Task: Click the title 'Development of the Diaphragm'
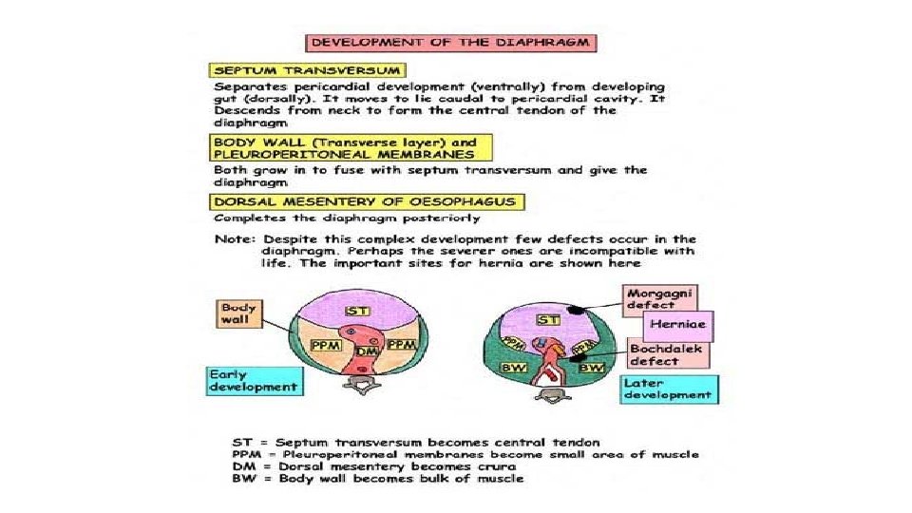pos(448,44)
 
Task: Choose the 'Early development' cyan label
pos(254,380)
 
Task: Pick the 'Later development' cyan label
pos(667,388)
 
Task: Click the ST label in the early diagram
pos(357,313)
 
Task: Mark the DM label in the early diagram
pos(366,351)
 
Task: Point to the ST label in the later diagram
pos(547,320)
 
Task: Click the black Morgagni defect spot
pos(577,311)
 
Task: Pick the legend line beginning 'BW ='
pos(377,479)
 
